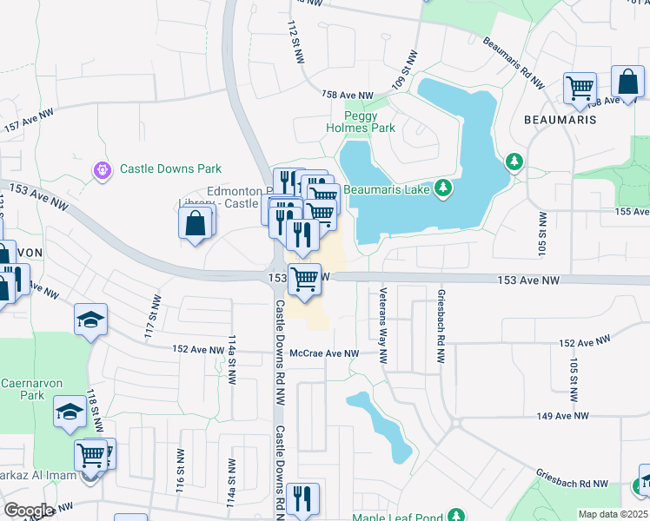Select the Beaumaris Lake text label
click(387, 188)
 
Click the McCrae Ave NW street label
click(324, 353)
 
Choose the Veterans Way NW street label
click(381, 318)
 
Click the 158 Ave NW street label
click(347, 96)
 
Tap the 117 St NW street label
click(149, 316)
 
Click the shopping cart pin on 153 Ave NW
click(304, 280)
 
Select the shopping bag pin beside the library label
click(196, 223)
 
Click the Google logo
click(29, 511)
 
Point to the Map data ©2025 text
click(614, 514)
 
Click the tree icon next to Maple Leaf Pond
click(452, 517)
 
